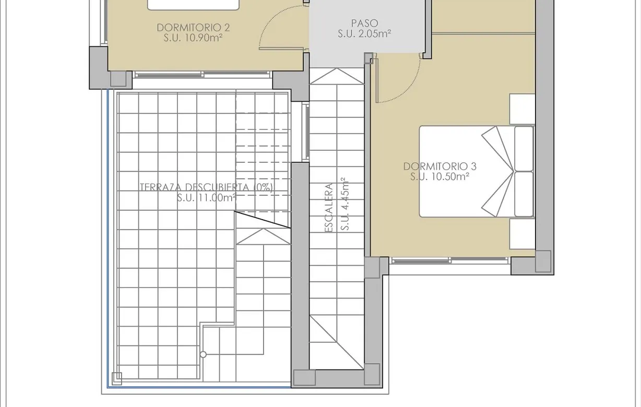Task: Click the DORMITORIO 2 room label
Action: pyautogui.click(x=193, y=28)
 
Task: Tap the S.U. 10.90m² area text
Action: pyautogui.click(x=193, y=38)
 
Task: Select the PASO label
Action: pyautogui.click(x=364, y=23)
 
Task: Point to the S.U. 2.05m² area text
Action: pyautogui.click(x=364, y=34)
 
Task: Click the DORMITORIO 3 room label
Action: pyautogui.click(x=440, y=166)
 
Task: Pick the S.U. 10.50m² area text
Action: pyautogui.click(x=440, y=176)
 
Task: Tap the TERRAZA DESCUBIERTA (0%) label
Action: pyautogui.click(x=206, y=187)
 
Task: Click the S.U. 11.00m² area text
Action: pyautogui.click(x=206, y=197)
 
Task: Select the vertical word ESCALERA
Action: pyautogui.click(x=329, y=208)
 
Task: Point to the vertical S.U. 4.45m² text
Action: pyautogui.click(x=345, y=204)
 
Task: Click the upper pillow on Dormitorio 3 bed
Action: pyautogui.click(x=524, y=148)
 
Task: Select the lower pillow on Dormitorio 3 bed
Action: pyautogui.click(x=524, y=194)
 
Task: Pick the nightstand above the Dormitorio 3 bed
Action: pyautogui.click(x=522, y=109)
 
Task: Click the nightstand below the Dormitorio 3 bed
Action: pyautogui.click(x=522, y=234)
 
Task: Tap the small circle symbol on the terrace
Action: pyautogui.click(x=203, y=355)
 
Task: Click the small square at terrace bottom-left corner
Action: pyautogui.click(x=117, y=379)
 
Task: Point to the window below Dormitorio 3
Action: pyautogui.click(x=449, y=260)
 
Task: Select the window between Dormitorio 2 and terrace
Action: pyautogui.click(x=203, y=75)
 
